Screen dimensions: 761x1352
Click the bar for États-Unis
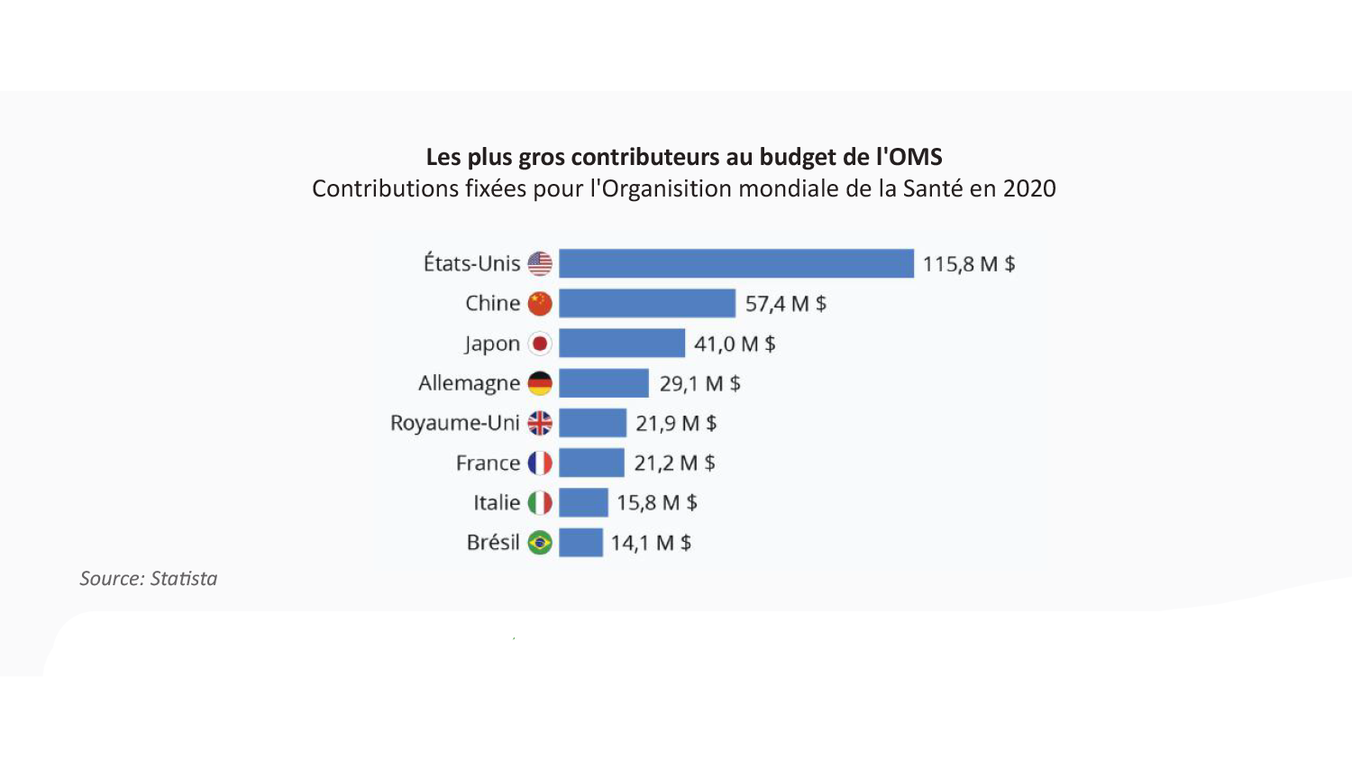(x=735, y=263)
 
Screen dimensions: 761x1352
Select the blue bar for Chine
(x=646, y=304)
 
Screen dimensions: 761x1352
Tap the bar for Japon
(x=621, y=344)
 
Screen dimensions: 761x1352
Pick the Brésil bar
(x=580, y=543)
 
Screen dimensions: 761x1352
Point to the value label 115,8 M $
(x=968, y=264)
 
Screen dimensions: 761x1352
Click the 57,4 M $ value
(x=785, y=304)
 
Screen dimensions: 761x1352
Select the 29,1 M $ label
(x=699, y=383)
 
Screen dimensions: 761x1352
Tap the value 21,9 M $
(x=676, y=423)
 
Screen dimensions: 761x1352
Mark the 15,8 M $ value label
(x=656, y=502)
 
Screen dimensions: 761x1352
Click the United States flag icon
(x=540, y=263)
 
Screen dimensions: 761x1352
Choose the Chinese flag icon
(x=540, y=304)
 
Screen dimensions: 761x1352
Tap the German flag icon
(x=540, y=383)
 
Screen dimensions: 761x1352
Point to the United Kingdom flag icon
(x=540, y=423)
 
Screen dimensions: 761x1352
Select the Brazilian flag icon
(x=540, y=543)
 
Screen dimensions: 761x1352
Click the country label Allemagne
(x=469, y=383)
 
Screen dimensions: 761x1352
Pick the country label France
(x=488, y=463)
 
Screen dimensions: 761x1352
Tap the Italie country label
(x=497, y=502)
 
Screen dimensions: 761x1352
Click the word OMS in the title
(x=916, y=157)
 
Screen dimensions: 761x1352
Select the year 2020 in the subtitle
(x=1029, y=188)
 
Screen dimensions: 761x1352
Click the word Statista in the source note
(x=184, y=579)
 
